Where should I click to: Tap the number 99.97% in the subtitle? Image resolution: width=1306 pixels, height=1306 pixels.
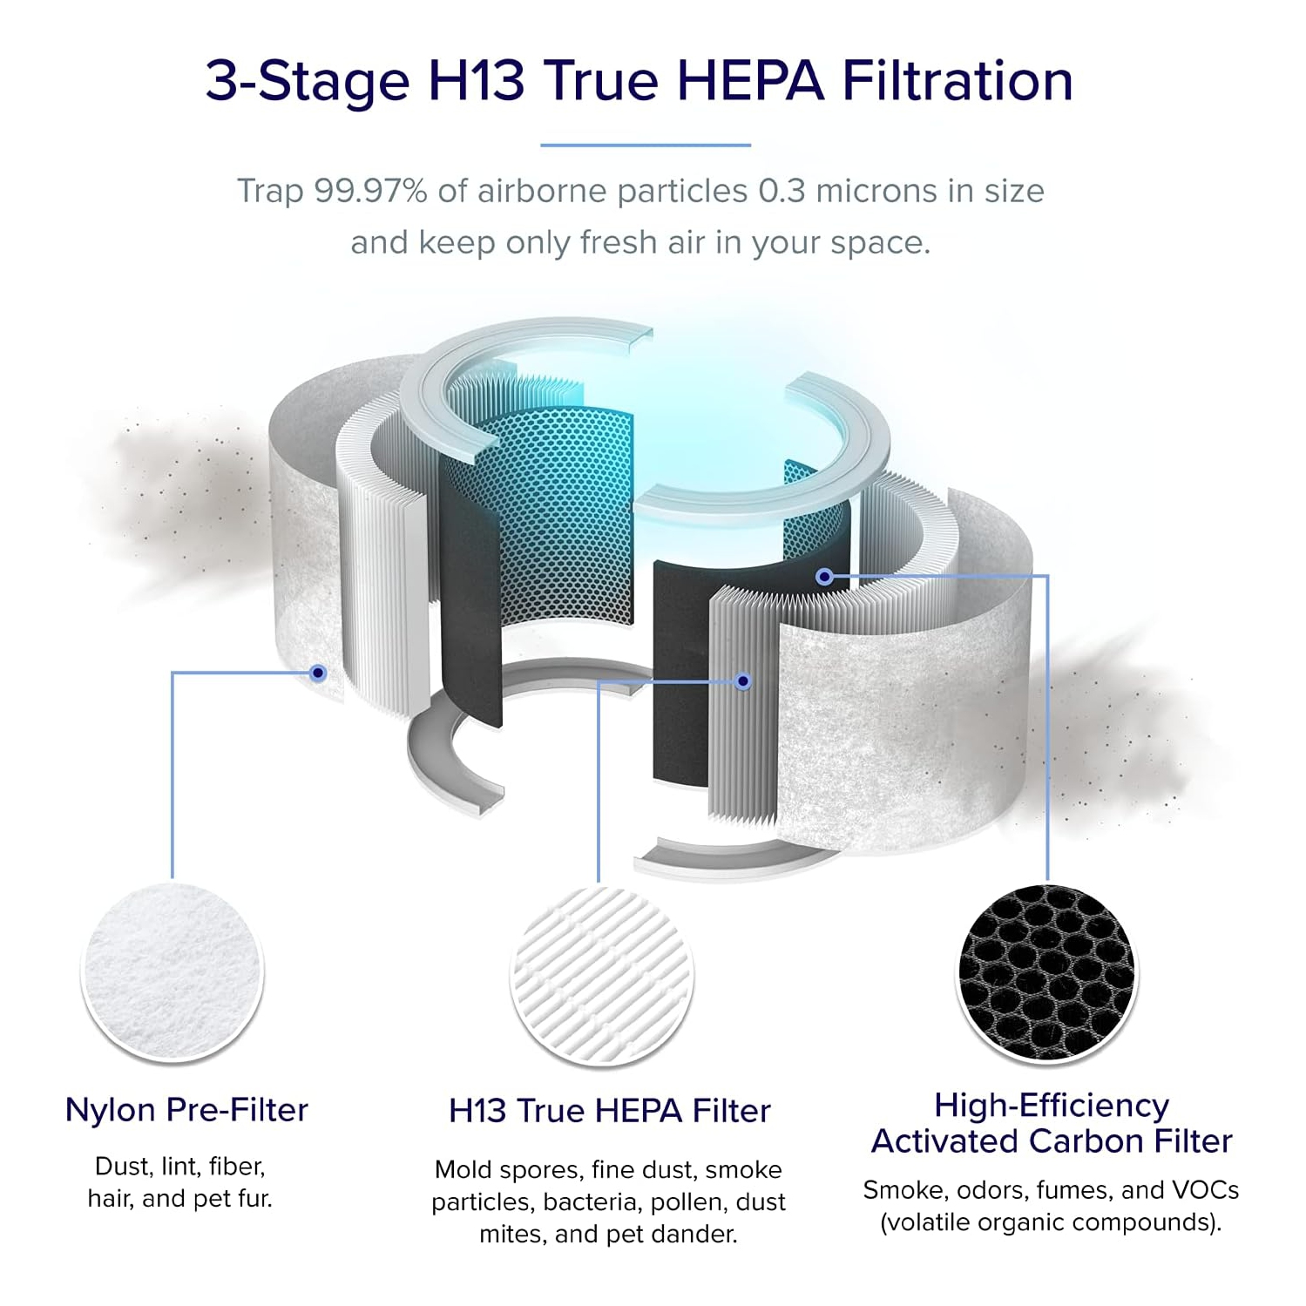[x=370, y=191]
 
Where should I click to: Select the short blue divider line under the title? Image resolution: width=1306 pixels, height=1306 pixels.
[x=646, y=145]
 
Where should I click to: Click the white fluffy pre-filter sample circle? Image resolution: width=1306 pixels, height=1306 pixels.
[x=173, y=972]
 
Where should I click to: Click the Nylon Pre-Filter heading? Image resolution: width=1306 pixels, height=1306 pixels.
[x=186, y=1110]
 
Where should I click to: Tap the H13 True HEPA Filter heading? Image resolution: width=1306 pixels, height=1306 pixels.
[x=610, y=1111]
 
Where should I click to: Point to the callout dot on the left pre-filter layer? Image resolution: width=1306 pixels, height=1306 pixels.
[x=318, y=673]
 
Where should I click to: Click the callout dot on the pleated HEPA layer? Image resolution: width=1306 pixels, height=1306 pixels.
[x=742, y=681]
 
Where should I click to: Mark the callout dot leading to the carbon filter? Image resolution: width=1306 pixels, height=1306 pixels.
[x=824, y=576]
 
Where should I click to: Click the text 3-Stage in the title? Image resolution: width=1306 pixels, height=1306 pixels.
[x=308, y=81]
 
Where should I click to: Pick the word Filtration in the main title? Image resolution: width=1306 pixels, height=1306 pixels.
[x=957, y=81]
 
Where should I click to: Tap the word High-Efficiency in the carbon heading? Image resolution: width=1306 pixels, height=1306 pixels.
[x=1052, y=1106]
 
